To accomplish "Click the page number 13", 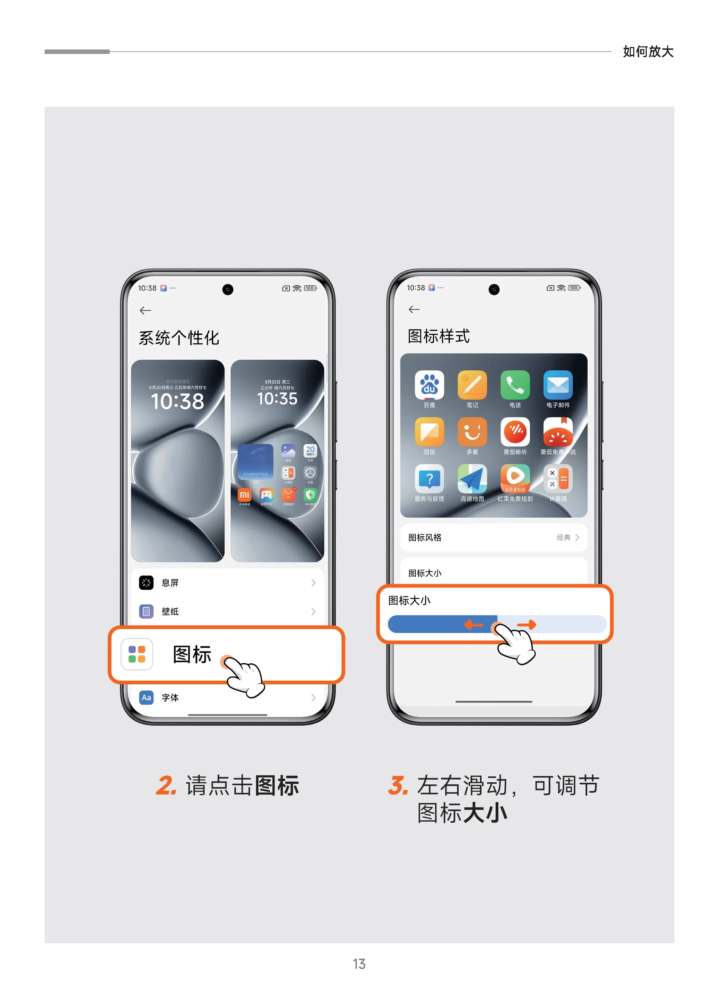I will pos(359,964).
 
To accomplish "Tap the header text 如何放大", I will pos(648,52).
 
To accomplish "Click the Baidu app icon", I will pos(429,385).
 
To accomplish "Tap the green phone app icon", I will pos(515,385).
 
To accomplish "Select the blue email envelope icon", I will pos(558,385).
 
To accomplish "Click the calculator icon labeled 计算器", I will pos(558,479).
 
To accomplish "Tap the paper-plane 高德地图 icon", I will pos(472,479).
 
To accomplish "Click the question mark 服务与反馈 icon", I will pos(429,479).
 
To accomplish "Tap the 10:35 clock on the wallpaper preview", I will pos(277,398).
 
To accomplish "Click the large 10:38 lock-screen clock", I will pos(177,401).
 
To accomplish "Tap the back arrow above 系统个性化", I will pos(145,310).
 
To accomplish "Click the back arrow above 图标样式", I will pos(414,309).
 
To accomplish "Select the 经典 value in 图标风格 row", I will pos(563,537).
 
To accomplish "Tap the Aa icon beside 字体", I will pos(146,697).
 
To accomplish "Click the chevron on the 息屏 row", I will pos(313,583).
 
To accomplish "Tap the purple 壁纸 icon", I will pos(146,611).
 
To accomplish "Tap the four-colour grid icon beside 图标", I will pos(137,654).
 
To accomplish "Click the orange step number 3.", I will pos(398,786).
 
